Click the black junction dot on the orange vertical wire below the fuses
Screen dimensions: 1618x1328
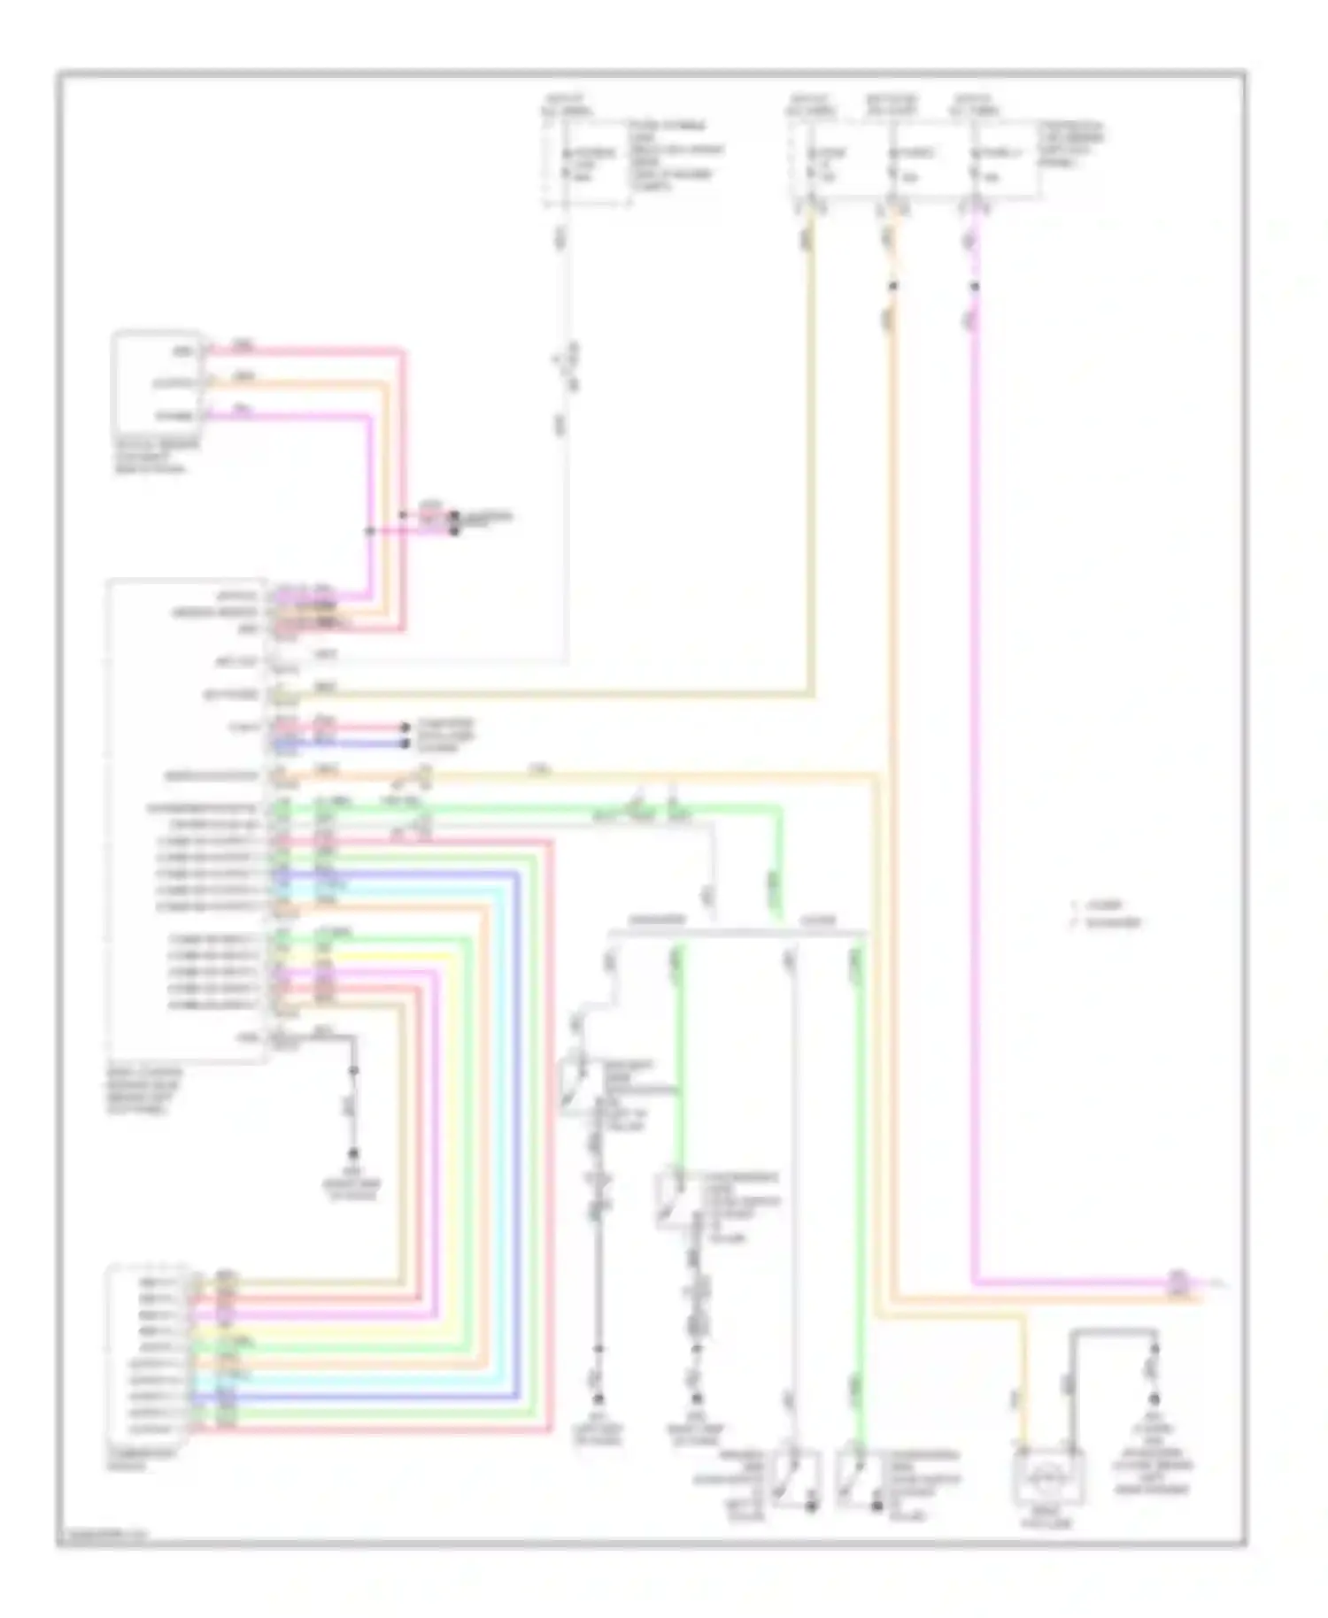coord(892,286)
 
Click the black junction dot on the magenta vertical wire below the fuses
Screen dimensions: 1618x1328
coord(974,287)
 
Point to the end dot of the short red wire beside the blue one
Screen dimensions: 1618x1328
coord(405,728)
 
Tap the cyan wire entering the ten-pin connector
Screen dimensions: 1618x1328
coord(354,1380)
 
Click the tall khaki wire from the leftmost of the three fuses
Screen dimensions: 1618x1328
coord(810,443)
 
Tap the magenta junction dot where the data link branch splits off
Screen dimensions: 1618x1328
coord(370,531)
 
